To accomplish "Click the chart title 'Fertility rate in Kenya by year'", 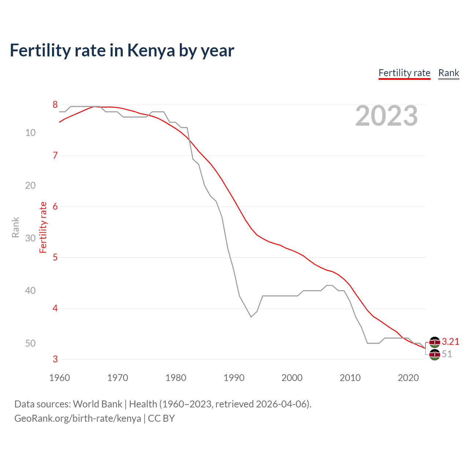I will point(122,51).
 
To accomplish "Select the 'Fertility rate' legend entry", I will point(404,73).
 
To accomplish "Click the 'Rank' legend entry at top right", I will point(448,73).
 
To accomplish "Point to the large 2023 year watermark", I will point(386,116).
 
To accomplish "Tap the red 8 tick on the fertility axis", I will point(55,105).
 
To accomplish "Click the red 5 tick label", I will point(55,258).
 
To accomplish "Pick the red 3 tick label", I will point(55,359).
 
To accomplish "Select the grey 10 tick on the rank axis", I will point(30,133).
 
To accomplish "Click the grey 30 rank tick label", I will point(30,238).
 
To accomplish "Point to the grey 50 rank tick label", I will point(30,343).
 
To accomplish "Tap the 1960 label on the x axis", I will point(59,378).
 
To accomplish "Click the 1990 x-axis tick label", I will point(234,378).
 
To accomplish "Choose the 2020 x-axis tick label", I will point(408,378).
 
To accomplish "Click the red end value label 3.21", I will point(450,342).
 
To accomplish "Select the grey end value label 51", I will point(447,354).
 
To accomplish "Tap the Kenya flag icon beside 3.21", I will point(435,342).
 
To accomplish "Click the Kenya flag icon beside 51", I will point(435,355).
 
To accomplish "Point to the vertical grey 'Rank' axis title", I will point(15,227).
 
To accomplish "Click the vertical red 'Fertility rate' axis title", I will point(43,227).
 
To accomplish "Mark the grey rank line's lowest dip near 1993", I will point(251,317).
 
